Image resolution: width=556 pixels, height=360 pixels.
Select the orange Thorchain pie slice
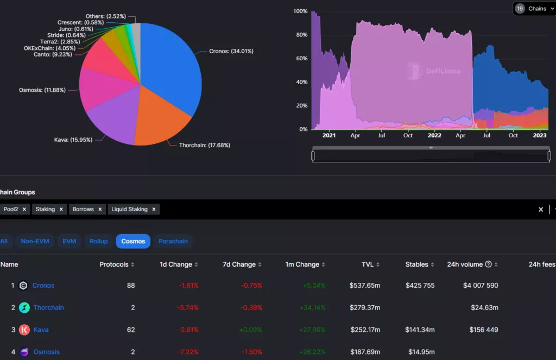(x=157, y=119)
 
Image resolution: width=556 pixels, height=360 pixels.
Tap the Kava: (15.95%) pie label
(x=73, y=140)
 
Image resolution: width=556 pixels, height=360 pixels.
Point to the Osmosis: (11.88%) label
(x=42, y=90)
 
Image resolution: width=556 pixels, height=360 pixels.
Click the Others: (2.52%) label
(x=107, y=16)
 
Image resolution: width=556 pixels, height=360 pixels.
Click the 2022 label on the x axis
(x=434, y=136)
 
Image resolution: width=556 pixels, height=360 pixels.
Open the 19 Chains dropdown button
(x=534, y=9)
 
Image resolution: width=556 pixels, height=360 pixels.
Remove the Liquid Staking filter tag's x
(x=154, y=209)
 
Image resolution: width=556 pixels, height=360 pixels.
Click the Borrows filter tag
(x=83, y=209)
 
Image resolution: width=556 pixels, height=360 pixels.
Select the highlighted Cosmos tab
(x=133, y=241)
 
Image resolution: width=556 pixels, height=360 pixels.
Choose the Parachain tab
(x=173, y=241)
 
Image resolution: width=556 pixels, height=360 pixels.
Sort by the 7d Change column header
(x=239, y=264)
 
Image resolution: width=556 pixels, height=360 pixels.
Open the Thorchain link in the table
(x=48, y=308)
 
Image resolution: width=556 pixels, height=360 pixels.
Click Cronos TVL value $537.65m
(x=365, y=286)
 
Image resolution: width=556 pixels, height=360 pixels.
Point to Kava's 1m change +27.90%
(x=312, y=330)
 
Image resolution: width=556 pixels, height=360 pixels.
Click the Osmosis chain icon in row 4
(x=24, y=352)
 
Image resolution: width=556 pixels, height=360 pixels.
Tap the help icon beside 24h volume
(x=488, y=264)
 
